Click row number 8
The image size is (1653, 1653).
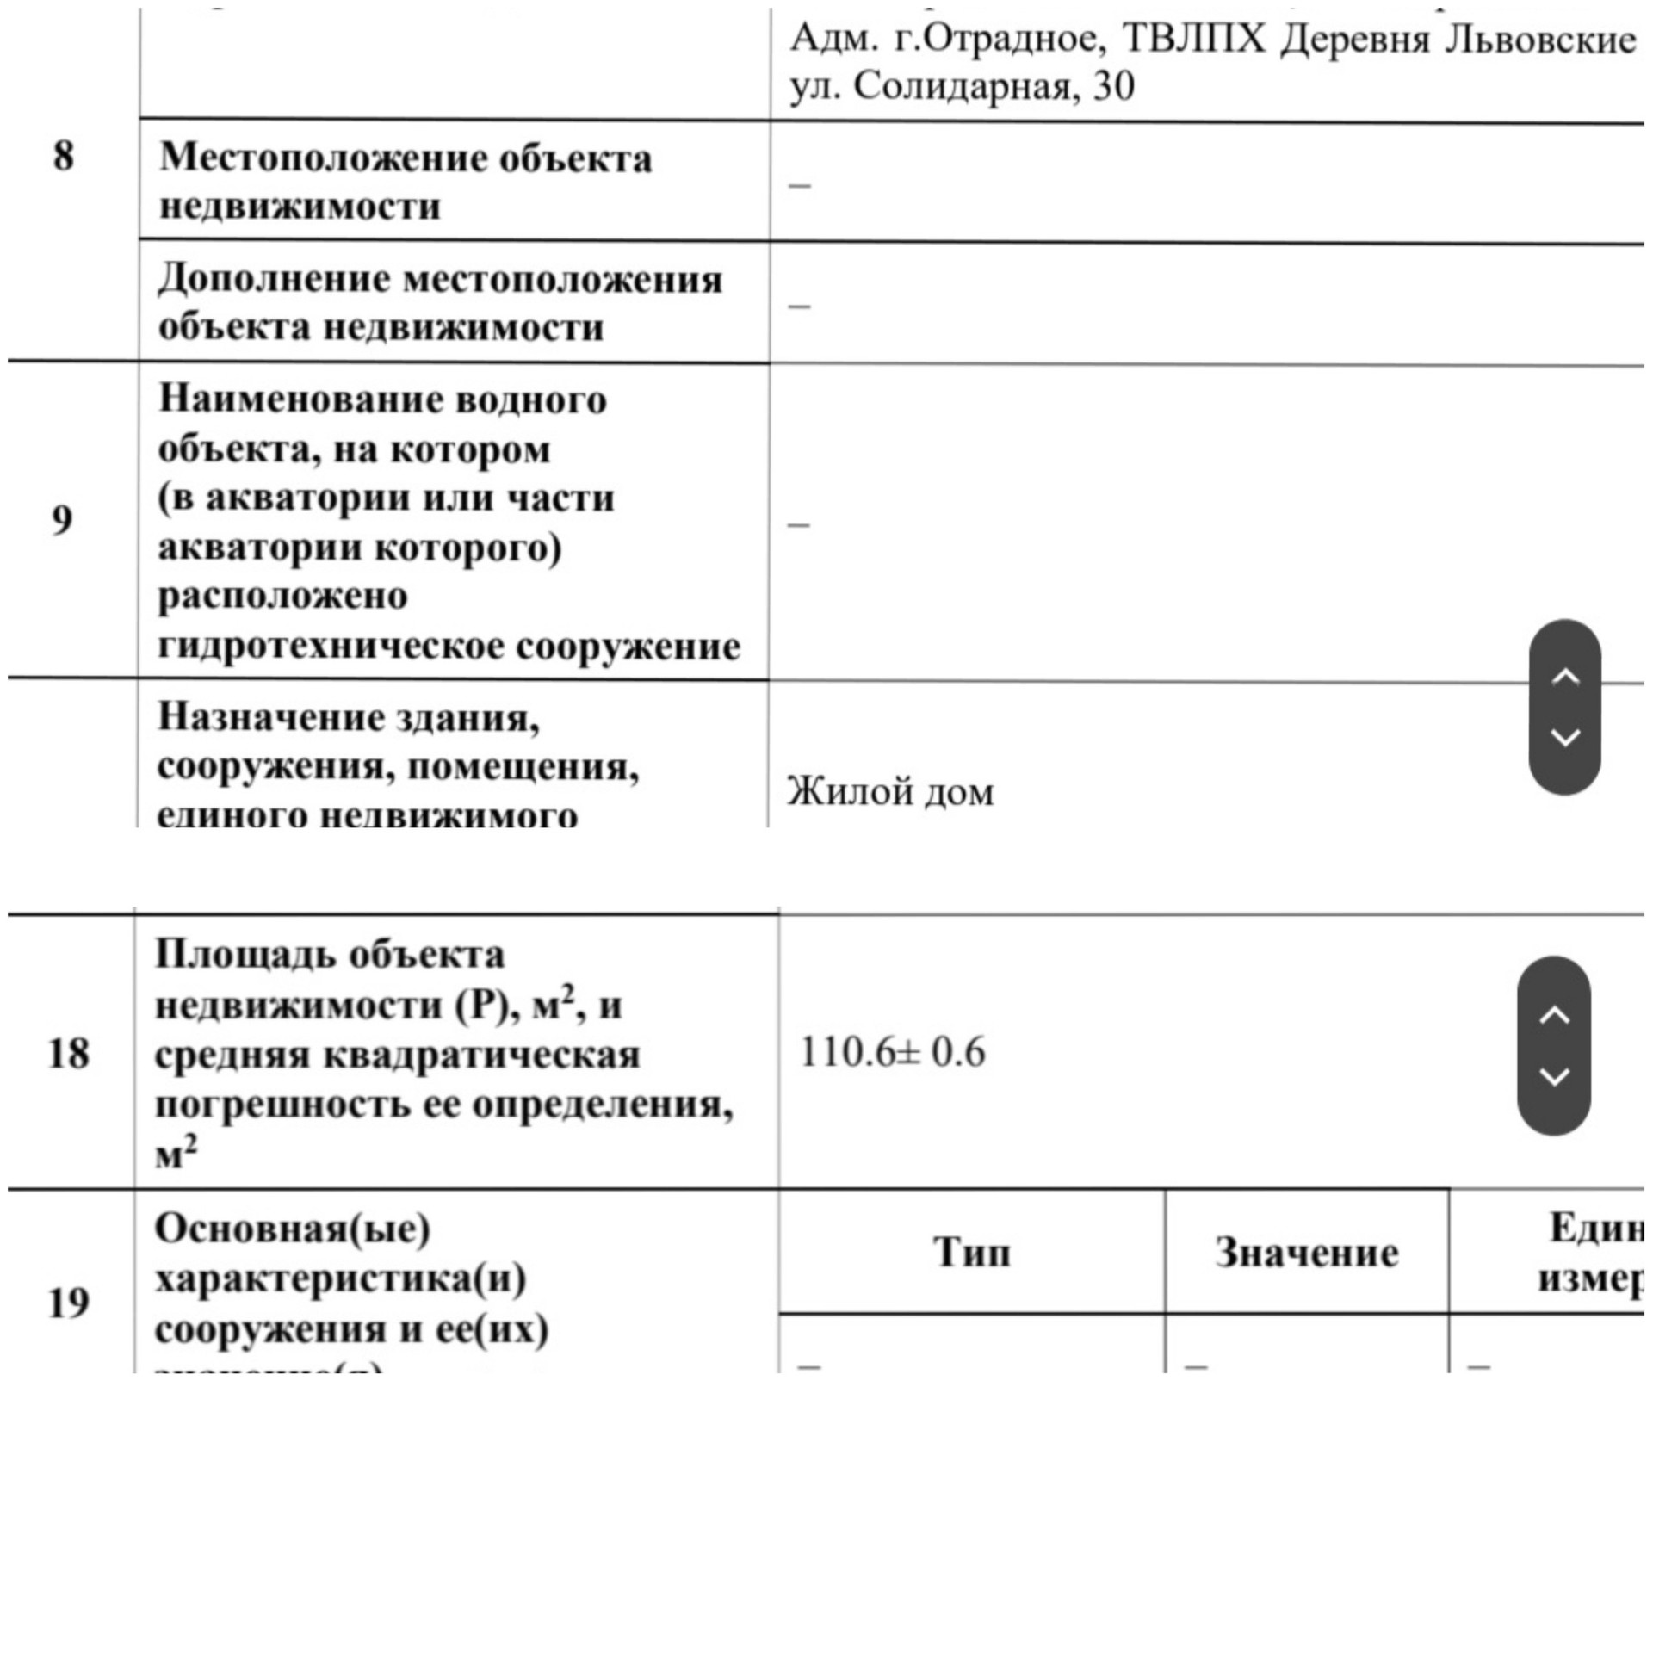pyautogui.click(x=64, y=156)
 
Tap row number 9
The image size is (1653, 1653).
pyautogui.click(x=62, y=519)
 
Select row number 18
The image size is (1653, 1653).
pyautogui.click(x=68, y=1053)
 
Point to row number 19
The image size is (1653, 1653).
pyautogui.click(x=68, y=1302)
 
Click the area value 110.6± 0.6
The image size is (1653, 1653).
pyautogui.click(x=892, y=1052)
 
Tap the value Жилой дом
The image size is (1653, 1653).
pyautogui.click(x=890, y=792)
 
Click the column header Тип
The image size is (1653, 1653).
pyautogui.click(x=971, y=1252)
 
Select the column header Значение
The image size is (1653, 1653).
pyautogui.click(x=1306, y=1253)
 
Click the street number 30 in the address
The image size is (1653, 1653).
pyautogui.click(x=1114, y=86)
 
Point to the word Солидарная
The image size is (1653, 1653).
pyautogui.click(x=963, y=86)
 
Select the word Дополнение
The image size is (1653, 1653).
pyautogui.click(x=275, y=280)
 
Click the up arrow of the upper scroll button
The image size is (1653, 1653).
pyautogui.click(x=1564, y=677)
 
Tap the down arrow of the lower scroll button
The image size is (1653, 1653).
pyautogui.click(x=1553, y=1076)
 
